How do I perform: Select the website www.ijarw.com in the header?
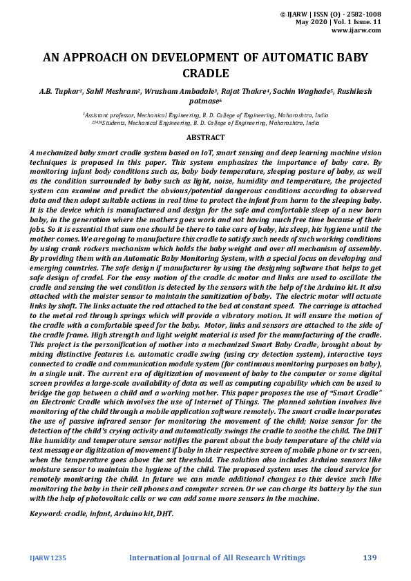coord(356,30)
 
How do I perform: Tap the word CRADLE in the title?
coord(205,73)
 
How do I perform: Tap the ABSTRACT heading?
coord(205,138)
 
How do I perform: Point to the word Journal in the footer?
coord(205,558)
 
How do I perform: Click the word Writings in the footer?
coord(285,558)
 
